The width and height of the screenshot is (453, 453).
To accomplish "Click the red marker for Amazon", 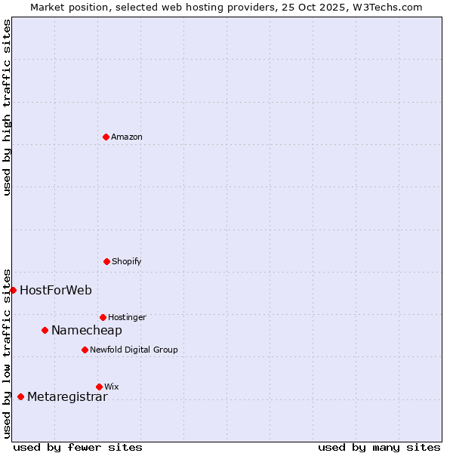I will [106, 137].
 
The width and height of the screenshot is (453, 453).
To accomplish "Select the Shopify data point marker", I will [106, 261].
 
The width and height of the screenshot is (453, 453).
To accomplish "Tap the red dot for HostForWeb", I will [13, 290].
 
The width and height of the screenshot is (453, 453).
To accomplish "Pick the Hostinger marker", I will [103, 317].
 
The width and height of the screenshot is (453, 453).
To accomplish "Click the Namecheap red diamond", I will [45, 330].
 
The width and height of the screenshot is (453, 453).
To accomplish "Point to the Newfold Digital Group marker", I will [85, 350].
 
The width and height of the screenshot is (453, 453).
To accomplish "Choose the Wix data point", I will [99, 387].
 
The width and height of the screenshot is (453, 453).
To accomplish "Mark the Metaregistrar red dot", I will [20, 396].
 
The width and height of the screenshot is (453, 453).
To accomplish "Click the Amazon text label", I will [127, 137].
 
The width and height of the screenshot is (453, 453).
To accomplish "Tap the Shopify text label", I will [127, 261].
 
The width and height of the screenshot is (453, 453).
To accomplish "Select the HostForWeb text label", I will [56, 290].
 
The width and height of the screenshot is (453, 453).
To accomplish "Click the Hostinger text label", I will [127, 317].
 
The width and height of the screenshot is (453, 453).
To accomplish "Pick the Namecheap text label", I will [87, 330].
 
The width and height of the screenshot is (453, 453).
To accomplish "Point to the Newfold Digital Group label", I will [134, 350].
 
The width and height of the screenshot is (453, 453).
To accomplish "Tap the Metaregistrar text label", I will [67, 397].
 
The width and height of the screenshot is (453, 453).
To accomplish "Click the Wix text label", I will [112, 387].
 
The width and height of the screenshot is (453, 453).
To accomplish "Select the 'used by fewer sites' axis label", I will [78, 447].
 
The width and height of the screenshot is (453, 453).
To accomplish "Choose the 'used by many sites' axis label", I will [379, 447].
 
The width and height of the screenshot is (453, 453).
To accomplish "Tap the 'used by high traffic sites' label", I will [7, 107].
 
